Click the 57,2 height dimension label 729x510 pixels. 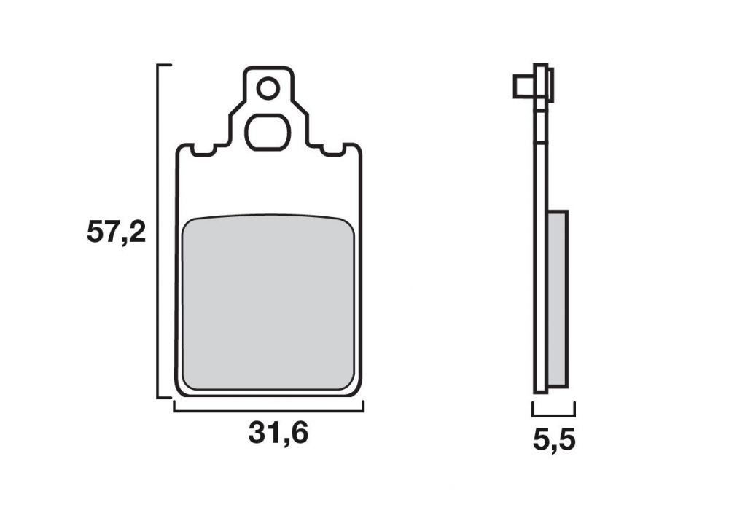116,232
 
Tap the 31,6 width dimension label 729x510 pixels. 278,433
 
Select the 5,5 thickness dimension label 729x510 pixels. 554,440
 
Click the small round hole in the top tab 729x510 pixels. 268,88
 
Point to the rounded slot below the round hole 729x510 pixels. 268,132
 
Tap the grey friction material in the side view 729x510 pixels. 558,299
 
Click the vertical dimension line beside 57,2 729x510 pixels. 158,231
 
